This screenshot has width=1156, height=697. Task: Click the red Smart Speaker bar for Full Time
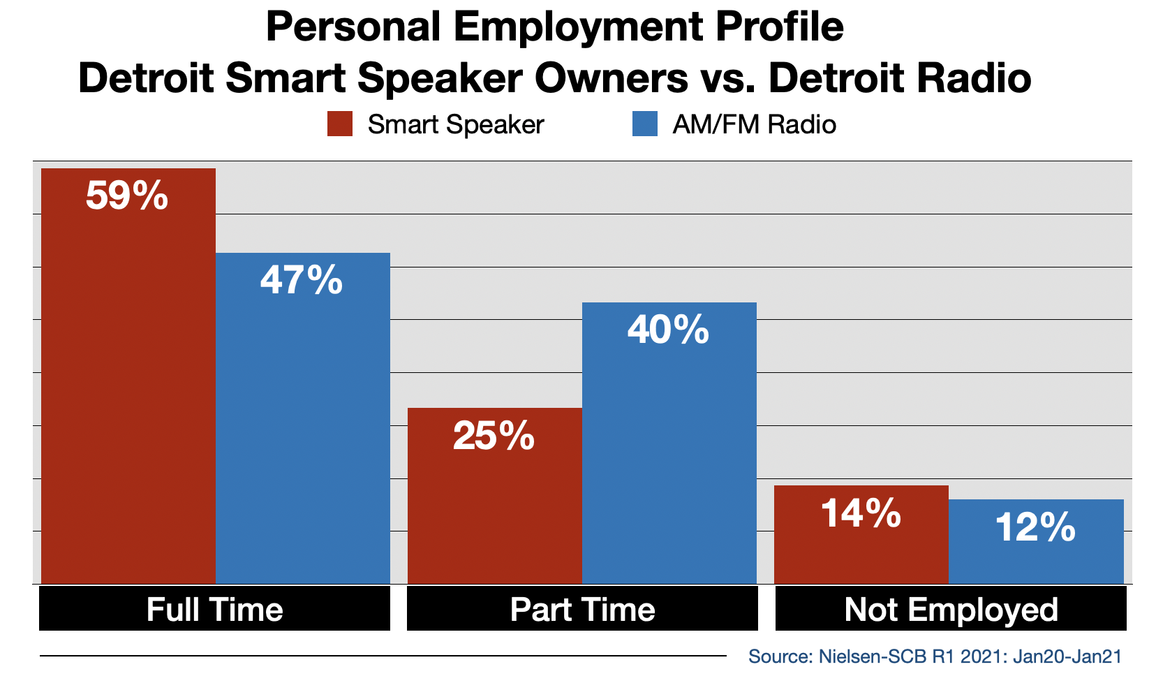pyautogui.click(x=128, y=376)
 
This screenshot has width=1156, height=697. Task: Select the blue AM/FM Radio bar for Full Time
pyautogui.click(x=303, y=418)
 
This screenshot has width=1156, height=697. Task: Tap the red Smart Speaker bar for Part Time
pyautogui.click(x=495, y=496)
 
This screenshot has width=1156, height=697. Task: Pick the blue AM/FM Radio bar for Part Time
pyautogui.click(x=669, y=443)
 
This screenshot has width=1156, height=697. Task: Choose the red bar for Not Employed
pyautogui.click(x=861, y=534)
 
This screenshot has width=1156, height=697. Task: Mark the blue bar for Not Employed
pyautogui.click(x=1036, y=541)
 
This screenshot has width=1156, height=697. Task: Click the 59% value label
pyautogui.click(x=127, y=196)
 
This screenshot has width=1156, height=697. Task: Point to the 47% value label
pyautogui.click(x=302, y=280)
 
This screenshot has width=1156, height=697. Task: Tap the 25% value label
pyautogui.click(x=494, y=436)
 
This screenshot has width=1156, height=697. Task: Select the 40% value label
pyautogui.click(x=668, y=330)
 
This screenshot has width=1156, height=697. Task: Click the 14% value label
pyautogui.click(x=861, y=513)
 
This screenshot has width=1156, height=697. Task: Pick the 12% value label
pyautogui.click(x=1035, y=528)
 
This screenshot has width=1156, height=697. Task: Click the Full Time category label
pyautogui.click(x=215, y=610)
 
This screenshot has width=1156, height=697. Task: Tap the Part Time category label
pyautogui.click(x=583, y=610)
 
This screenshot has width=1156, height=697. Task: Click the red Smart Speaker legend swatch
pyautogui.click(x=340, y=124)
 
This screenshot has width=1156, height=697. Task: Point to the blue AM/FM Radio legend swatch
pyautogui.click(x=645, y=124)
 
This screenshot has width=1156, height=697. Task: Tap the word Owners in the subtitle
pyautogui.click(x=611, y=78)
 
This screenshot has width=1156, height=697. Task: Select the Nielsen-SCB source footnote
pyautogui.click(x=935, y=656)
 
